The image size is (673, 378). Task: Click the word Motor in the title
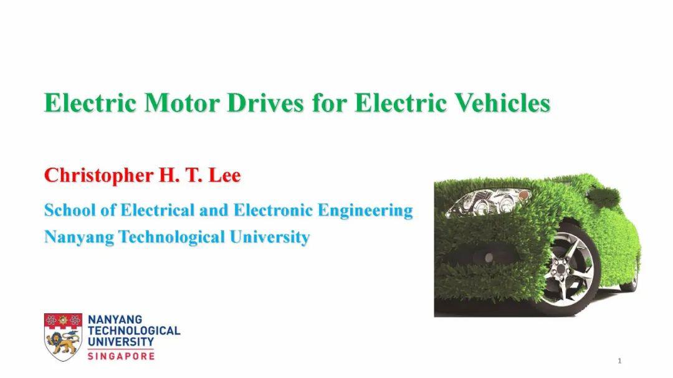(182, 103)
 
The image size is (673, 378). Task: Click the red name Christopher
(98, 176)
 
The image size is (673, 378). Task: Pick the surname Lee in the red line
(224, 175)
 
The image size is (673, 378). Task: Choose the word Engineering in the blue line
(365, 211)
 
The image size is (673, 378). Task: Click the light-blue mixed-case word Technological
(172, 237)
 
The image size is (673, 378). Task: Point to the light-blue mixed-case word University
(270, 237)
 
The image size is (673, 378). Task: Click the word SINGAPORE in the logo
(121, 356)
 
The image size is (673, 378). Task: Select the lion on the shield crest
(63, 343)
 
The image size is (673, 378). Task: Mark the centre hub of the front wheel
(561, 270)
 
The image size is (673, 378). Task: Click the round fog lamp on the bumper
(489, 257)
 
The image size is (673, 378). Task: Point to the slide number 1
(619, 361)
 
